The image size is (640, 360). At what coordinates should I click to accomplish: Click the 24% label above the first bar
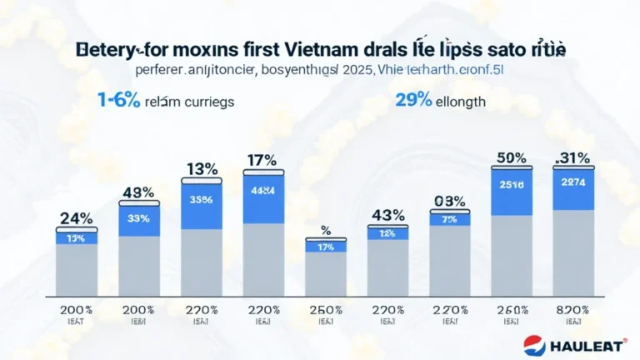pyautogui.click(x=77, y=218)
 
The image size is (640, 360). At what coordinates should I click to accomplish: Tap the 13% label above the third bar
pyautogui.click(x=201, y=169)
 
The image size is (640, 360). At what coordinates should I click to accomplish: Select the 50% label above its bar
pyautogui.click(x=511, y=157)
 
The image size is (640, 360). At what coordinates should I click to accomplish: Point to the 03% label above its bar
pyautogui.click(x=449, y=201)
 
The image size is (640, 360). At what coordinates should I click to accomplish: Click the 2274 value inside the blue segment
pyautogui.click(x=573, y=182)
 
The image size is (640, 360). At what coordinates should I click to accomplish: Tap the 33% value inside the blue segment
pyautogui.click(x=139, y=219)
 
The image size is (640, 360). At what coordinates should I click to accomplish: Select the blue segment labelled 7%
pyautogui.click(x=449, y=218)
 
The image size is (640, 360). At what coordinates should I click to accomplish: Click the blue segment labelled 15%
pyautogui.click(x=77, y=237)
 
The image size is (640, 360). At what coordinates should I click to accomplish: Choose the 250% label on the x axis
pyautogui.click(x=324, y=310)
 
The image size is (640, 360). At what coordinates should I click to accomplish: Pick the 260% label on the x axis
pyautogui.click(x=511, y=310)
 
